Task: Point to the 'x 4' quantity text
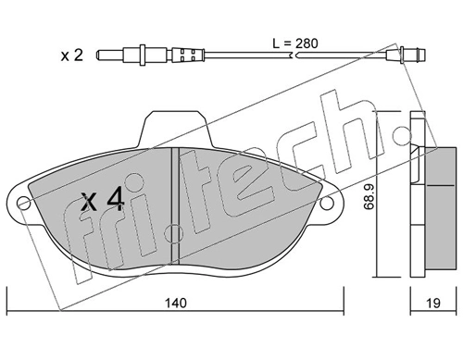(x=102, y=199)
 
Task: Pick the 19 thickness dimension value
(x=433, y=302)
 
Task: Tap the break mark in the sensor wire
(x=294, y=56)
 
